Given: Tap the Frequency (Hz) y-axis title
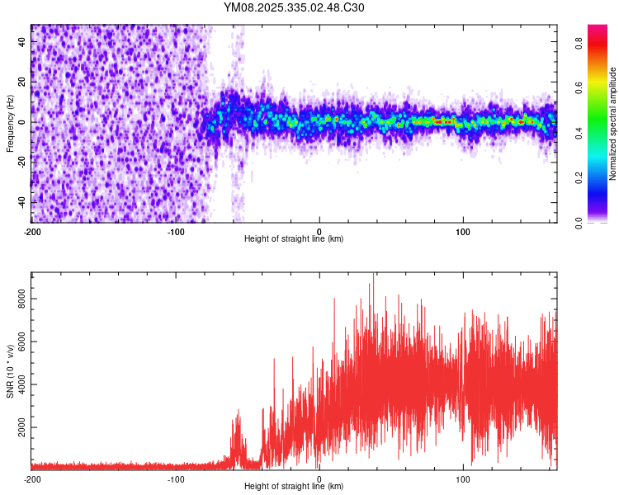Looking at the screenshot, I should pyautogui.click(x=9, y=123).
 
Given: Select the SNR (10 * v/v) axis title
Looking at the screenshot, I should pyautogui.click(x=9, y=370).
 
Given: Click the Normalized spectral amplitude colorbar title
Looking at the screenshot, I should pyautogui.click(x=614, y=124).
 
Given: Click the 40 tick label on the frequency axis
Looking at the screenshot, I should pyautogui.click(x=23, y=42).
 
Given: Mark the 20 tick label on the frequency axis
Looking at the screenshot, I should pyautogui.click(x=23, y=82).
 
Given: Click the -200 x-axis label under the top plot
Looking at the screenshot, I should pyautogui.click(x=32, y=232).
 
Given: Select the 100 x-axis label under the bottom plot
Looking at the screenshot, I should pyautogui.click(x=463, y=479).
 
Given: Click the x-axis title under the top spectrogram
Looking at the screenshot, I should pyautogui.click(x=294, y=238).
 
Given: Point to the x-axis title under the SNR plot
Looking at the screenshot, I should pyautogui.click(x=294, y=486).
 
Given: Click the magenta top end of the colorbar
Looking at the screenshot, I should pyautogui.click(x=598, y=30).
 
